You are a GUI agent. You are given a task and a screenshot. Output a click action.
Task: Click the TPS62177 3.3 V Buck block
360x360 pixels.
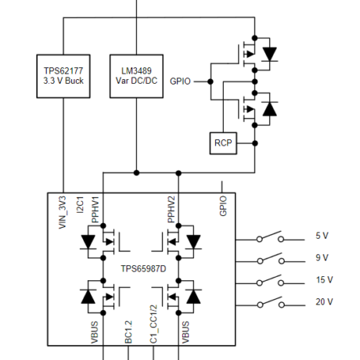tap(61, 76)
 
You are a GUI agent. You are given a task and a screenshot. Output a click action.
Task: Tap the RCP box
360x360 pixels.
tap(223, 143)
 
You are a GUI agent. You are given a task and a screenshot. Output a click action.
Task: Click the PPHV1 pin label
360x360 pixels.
tap(95, 210)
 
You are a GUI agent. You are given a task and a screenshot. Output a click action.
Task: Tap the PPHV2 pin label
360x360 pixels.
tap(171, 210)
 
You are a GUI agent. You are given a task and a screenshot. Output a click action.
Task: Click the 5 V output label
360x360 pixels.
tap(322, 236)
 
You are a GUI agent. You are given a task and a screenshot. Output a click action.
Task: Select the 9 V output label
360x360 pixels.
tap(322, 257)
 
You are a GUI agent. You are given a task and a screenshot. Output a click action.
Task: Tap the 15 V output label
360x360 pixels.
tap(325, 279)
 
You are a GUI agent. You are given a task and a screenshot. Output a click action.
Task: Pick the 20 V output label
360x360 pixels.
tap(325, 301)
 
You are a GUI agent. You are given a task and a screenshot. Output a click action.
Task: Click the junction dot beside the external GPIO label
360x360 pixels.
tap(210, 81)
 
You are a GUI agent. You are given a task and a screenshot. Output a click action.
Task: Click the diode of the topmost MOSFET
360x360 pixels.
tap(270, 53)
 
